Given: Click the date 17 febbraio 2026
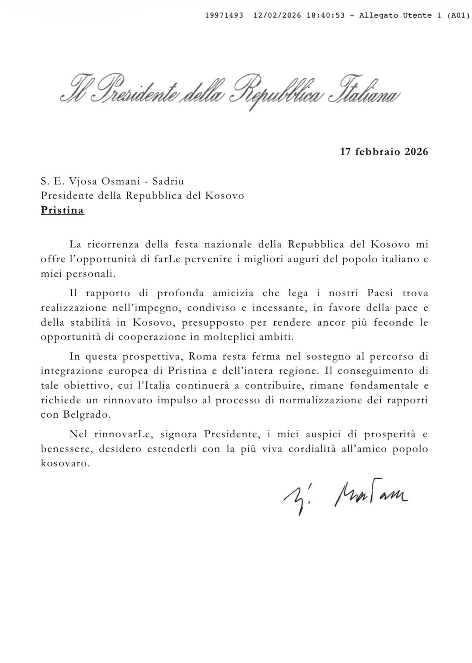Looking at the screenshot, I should point(384,152).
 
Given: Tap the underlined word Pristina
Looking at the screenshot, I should point(62,210).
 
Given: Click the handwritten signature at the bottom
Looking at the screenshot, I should point(345,498).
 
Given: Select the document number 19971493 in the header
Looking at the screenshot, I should point(224,15).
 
